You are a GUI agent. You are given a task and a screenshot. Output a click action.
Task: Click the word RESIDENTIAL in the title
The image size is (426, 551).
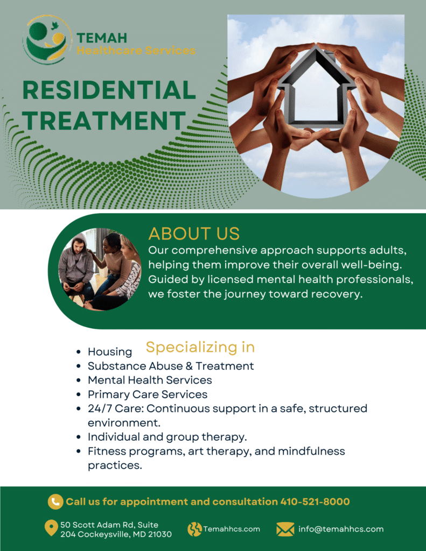tap(109, 90)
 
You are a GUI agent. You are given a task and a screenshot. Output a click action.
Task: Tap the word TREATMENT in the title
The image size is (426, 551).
tap(104, 120)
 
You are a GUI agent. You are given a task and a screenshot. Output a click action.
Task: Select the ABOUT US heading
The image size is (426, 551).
tap(194, 234)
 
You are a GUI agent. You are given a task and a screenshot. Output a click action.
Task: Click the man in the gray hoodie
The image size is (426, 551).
tap(76, 267)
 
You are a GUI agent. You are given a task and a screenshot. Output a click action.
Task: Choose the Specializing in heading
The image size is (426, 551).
tap(200, 347)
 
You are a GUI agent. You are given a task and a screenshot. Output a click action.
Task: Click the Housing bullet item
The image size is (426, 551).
tap(110, 351)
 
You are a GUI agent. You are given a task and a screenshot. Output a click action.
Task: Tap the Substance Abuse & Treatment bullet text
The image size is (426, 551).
tap(171, 366)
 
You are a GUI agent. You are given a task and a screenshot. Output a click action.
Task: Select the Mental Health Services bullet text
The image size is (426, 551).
tap(150, 380)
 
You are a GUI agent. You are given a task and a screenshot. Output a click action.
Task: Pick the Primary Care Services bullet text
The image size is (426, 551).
tap(148, 394)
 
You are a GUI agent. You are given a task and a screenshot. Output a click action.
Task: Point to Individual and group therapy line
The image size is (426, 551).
tap(167, 437)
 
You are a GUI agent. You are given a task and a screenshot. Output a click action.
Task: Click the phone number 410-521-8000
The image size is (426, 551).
tap(315, 501)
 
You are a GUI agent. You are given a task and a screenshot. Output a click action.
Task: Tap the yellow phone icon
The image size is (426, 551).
tap(55, 501)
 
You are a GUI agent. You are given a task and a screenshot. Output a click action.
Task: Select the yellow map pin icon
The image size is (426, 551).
tap(51, 528)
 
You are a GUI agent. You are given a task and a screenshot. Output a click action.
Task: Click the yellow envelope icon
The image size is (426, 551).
tap(285, 529)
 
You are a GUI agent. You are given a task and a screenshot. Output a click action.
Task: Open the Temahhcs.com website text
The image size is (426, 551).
tap(232, 529)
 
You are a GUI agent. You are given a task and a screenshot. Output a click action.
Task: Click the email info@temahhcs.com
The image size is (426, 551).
tap(341, 529)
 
